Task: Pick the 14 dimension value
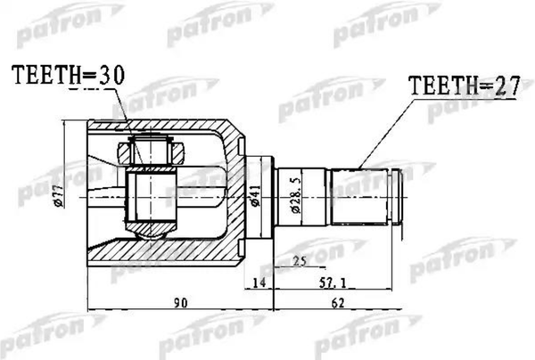click(259, 284)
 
